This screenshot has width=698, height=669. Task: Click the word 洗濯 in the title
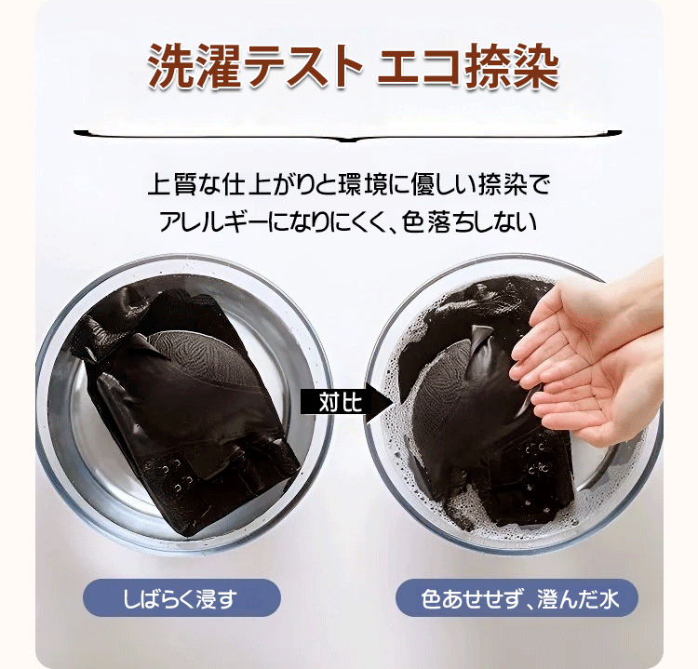click(195, 67)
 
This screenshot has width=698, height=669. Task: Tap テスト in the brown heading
click(302, 67)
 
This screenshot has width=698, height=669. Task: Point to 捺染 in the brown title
click(511, 67)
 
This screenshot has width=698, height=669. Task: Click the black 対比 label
click(333, 402)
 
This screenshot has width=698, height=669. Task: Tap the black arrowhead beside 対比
click(379, 402)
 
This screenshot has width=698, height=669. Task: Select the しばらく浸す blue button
click(181, 597)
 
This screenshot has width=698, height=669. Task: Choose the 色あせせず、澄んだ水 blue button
click(517, 597)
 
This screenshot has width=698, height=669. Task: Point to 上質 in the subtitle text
click(171, 184)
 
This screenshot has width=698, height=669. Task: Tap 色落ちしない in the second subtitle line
click(469, 221)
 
